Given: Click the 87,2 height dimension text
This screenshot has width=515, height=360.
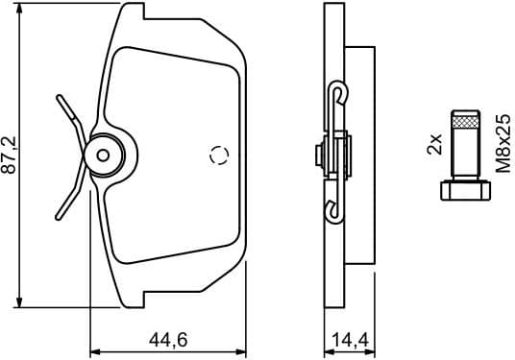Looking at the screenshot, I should point(10,154).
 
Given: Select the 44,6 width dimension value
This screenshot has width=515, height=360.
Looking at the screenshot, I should point(169,338).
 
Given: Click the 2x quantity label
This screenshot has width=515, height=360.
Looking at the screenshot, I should point(434,145).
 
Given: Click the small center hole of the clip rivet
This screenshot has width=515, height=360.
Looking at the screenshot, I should point(104,154).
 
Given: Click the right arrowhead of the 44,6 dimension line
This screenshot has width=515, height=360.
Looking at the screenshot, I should point(242,348).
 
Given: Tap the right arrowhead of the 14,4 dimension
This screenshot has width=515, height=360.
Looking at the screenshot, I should point(370,348).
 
